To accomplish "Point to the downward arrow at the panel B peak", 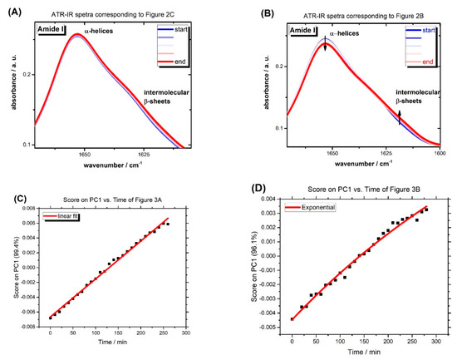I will tap(326, 45).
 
